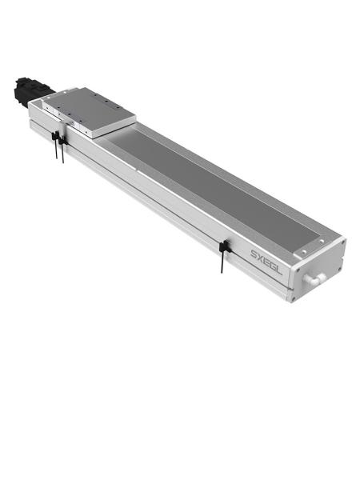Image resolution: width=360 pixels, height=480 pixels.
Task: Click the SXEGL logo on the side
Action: click(266, 259)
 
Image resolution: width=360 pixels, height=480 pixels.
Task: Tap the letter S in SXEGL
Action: click(253, 253)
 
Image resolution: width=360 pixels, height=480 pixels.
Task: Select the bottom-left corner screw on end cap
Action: click(294, 297)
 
